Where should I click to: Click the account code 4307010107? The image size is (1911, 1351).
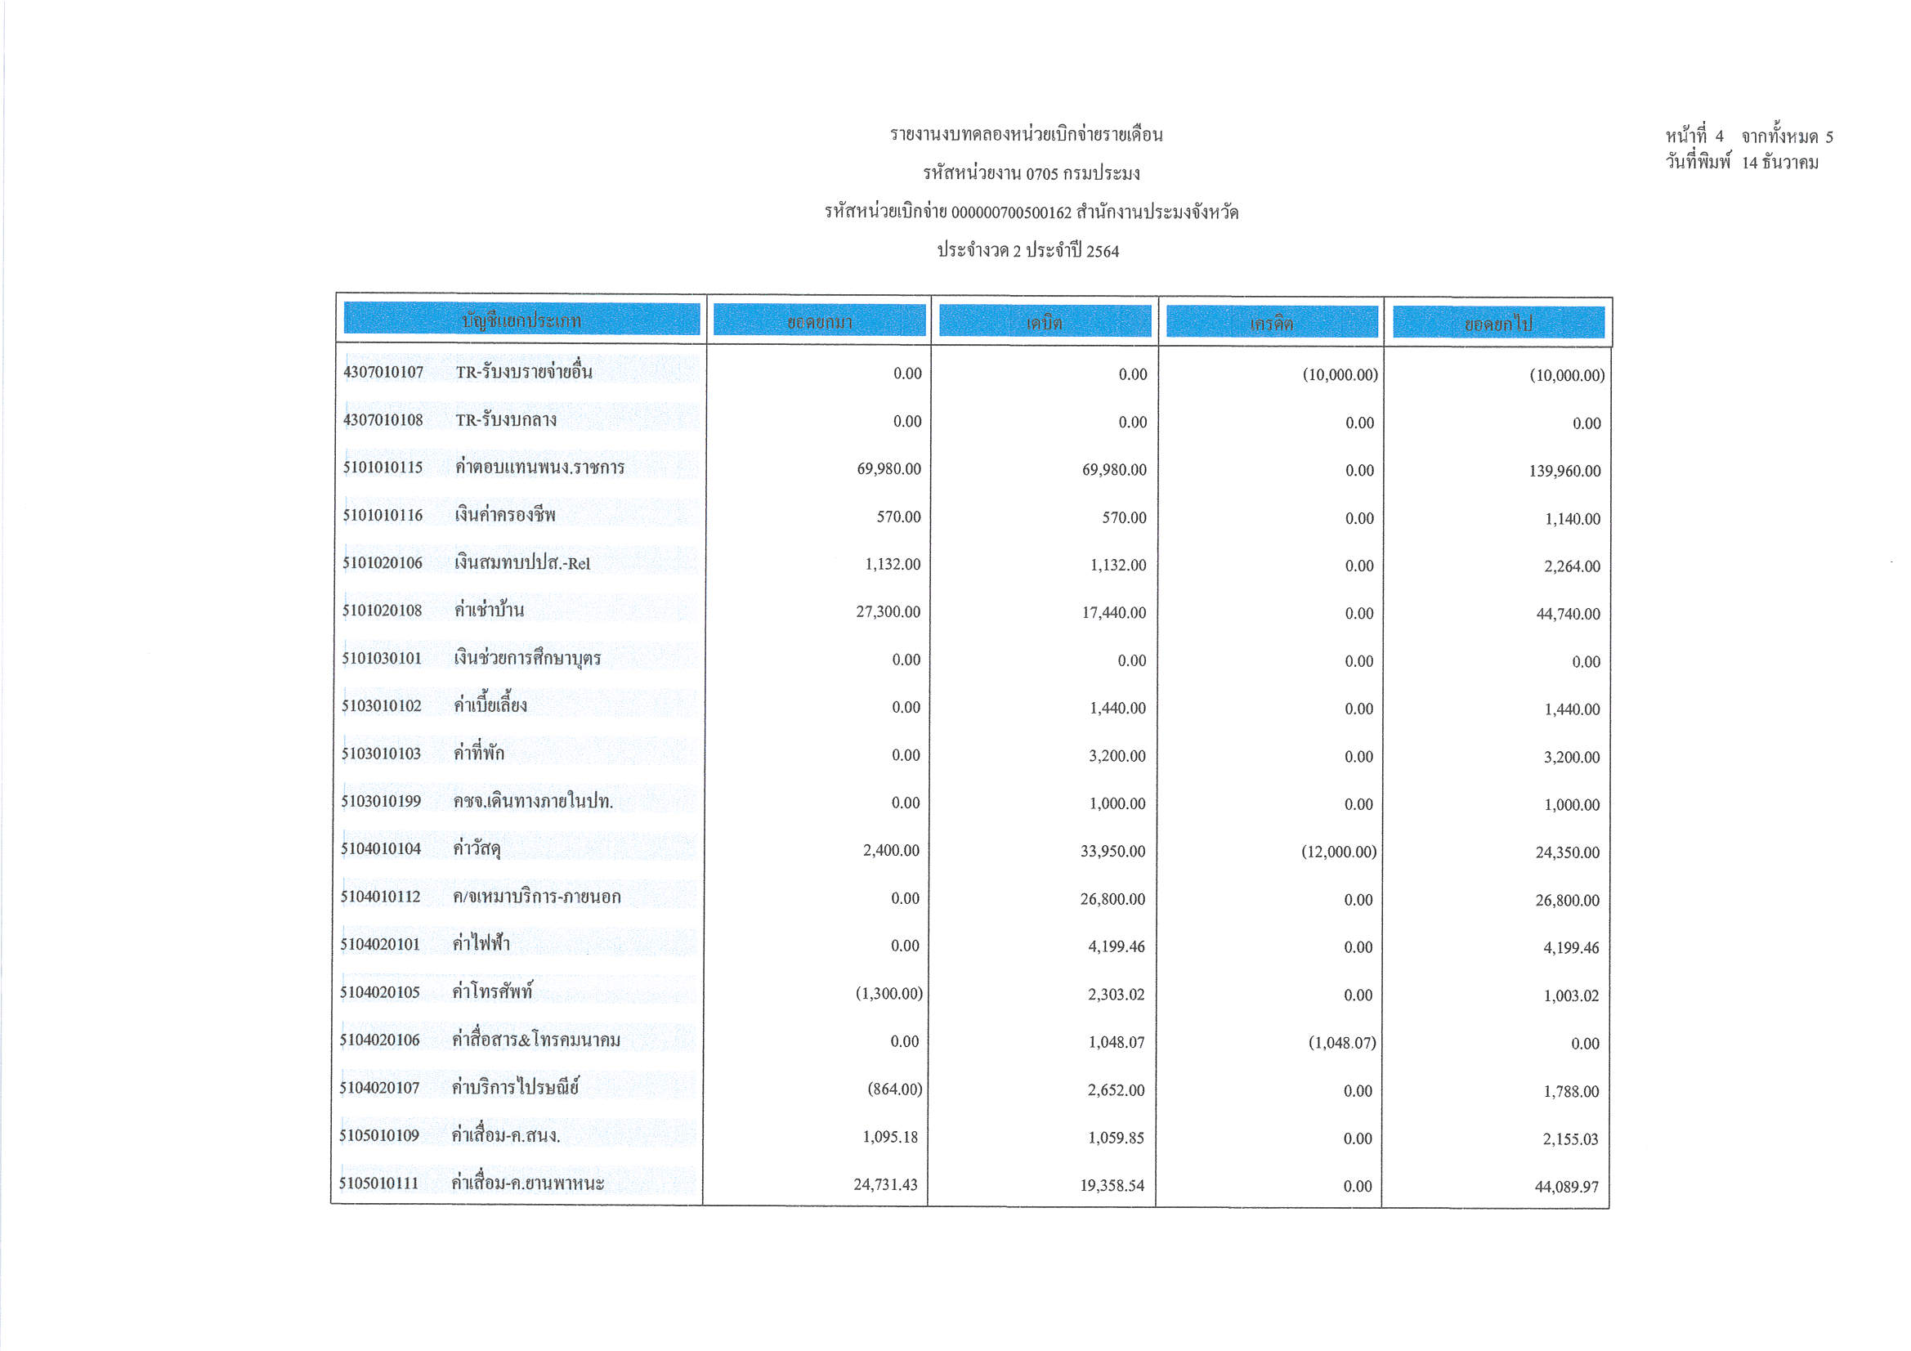[x=383, y=372]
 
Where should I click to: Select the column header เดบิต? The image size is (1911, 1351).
[x=1045, y=322]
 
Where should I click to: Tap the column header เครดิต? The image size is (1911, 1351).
[x=1271, y=323]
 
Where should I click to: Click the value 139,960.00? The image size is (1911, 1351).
[x=1564, y=471]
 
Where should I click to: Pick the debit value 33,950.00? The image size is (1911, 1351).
[x=1112, y=852]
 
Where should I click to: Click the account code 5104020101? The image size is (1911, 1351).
[x=379, y=945]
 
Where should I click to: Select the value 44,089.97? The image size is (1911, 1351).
[x=1566, y=1187]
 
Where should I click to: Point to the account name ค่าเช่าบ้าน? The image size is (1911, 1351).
[x=490, y=611]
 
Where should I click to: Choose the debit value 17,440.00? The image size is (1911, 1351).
[x=1113, y=614]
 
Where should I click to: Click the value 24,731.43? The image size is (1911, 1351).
[x=885, y=1184]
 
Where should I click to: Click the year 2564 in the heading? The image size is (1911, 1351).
[x=1103, y=252]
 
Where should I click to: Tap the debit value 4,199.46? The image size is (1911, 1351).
[x=1117, y=947]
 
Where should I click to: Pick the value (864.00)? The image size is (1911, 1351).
[x=895, y=1089]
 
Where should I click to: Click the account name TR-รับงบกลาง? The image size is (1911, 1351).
[x=506, y=419]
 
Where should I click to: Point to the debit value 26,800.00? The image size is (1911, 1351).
[x=1112, y=900]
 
